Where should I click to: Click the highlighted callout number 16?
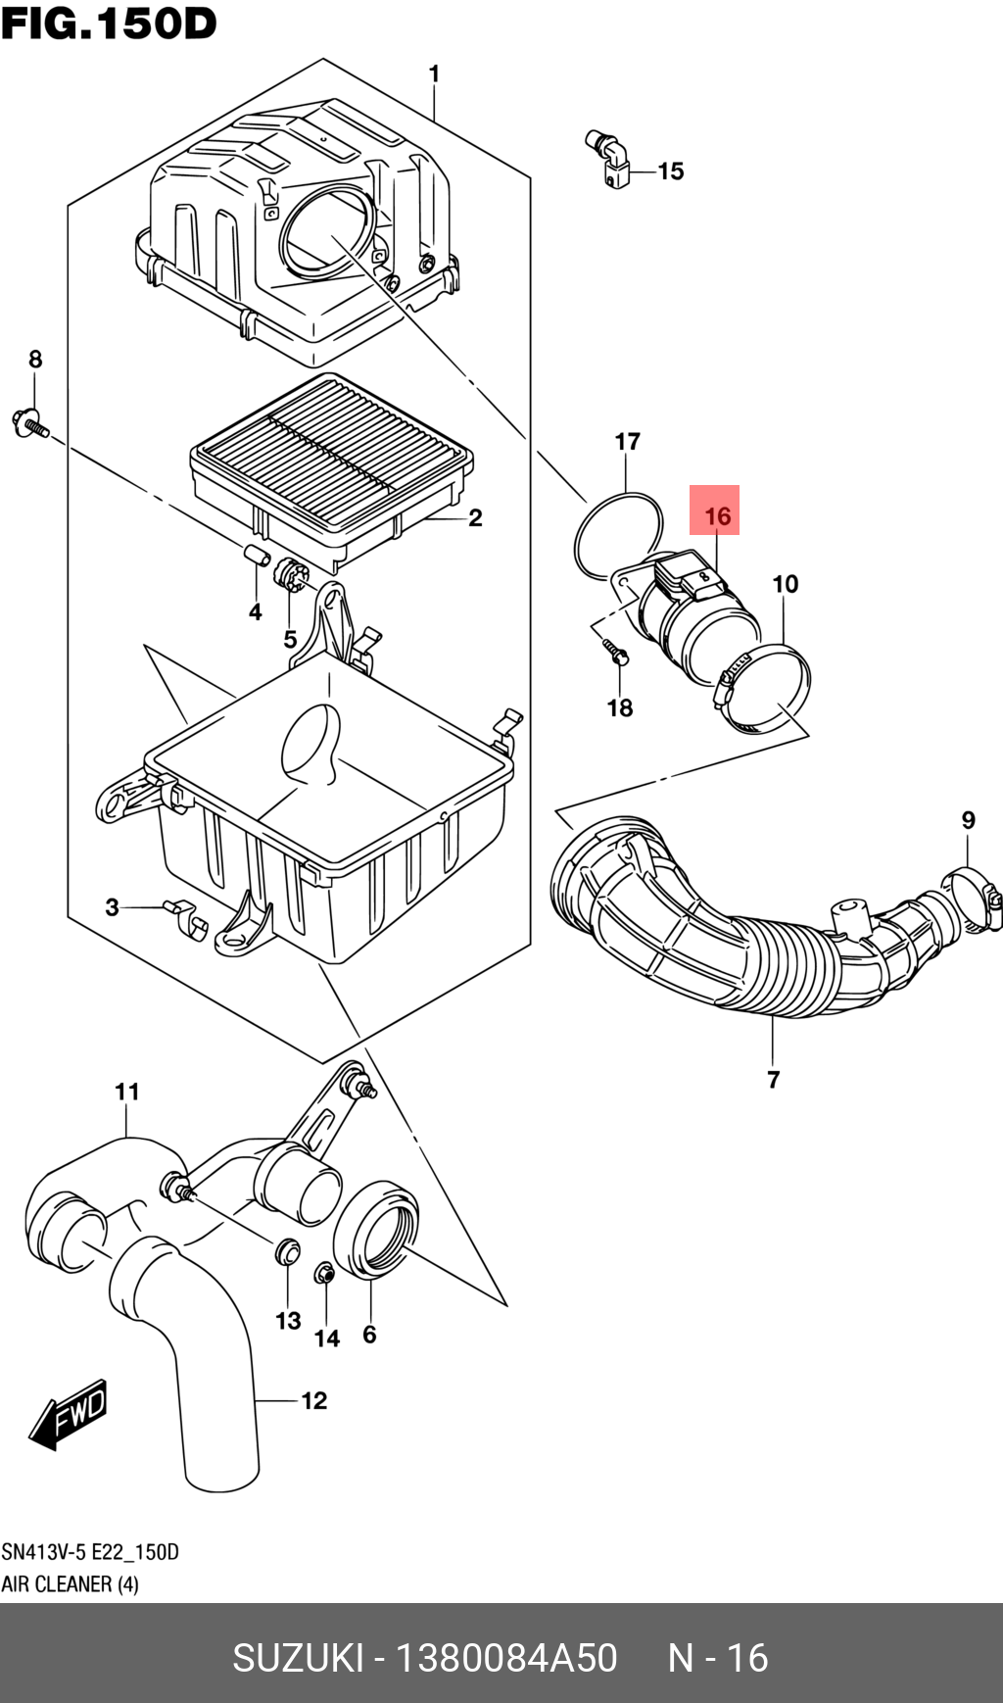pyautogui.click(x=717, y=515)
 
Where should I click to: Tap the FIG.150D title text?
pyautogui.click(x=109, y=24)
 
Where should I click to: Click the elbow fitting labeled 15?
pyautogui.click(x=609, y=158)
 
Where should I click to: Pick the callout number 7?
pyautogui.click(x=774, y=1080)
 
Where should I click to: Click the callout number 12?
pyautogui.click(x=313, y=1401)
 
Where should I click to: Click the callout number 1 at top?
pyautogui.click(x=434, y=74)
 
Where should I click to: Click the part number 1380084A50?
pyautogui.click(x=505, y=1658)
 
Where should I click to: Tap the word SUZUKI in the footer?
pyautogui.click(x=298, y=1658)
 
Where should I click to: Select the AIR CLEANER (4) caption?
pyautogui.click(x=70, y=1584)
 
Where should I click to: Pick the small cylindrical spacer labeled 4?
pyautogui.click(x=257, y=555)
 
